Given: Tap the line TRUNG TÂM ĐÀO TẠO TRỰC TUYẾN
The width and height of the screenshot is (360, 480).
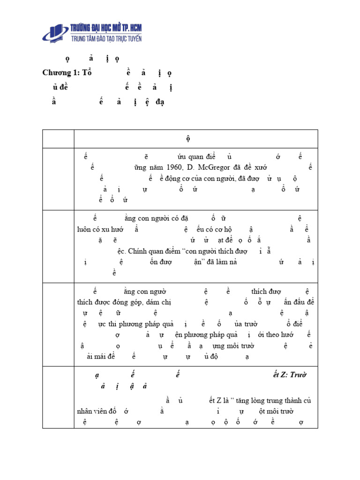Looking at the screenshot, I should point(106,38).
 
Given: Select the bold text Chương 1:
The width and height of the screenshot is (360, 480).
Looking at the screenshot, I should point(61,73).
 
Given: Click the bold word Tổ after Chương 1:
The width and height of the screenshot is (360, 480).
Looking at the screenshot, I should point(87,73).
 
